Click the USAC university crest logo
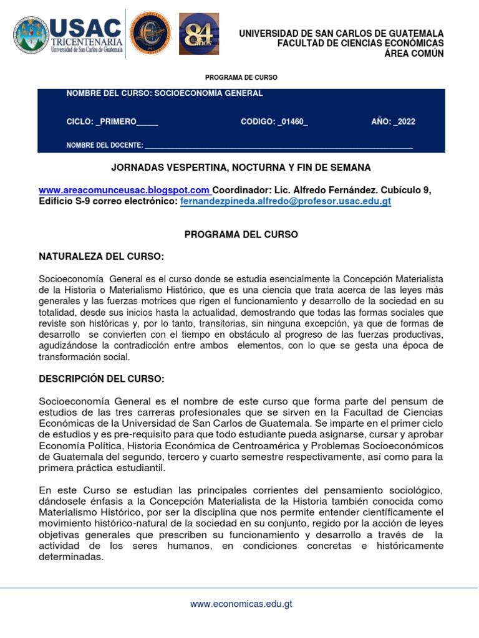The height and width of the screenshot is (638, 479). pos(31,34)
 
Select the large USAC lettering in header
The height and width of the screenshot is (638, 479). pos(85,27)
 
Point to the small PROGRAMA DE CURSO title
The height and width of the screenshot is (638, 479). pos(241,77)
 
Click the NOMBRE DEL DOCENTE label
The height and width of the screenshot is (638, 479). pos(104,145)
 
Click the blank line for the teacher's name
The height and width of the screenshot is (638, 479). pos(278,146)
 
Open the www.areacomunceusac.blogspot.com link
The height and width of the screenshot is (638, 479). pos(124,189)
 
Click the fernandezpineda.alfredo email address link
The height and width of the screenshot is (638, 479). pos(286,202)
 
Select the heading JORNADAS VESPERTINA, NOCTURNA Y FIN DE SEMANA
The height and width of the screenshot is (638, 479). pos(241,168)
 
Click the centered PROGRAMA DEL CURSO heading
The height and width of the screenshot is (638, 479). pos(241,234)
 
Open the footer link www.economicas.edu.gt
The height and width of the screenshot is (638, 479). pos(241,604)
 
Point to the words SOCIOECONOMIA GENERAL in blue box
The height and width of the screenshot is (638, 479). pos(208,93)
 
